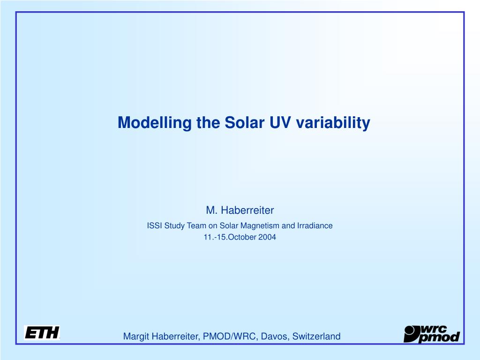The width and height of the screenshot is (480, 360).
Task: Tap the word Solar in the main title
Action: click(244, 122)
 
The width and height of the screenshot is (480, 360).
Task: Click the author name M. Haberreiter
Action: click(240, 210)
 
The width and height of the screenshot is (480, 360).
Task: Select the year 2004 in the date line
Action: click(267, 237)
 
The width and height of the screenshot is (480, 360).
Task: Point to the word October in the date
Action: click(242, 237)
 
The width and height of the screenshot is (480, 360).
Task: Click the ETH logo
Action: click(42, 333)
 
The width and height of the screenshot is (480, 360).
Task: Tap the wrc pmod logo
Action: click(432, 334)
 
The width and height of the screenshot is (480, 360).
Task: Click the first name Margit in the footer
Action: click(136, 337)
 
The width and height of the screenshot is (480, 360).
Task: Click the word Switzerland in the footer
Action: click(316, 336)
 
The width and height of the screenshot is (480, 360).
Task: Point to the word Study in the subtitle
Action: click(174, 226)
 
